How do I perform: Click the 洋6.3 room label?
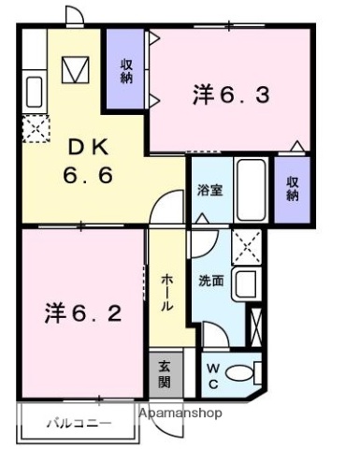point(232,94)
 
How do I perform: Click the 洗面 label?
point(210,280)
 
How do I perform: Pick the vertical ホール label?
point(166,293)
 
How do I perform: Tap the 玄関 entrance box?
point(165,374)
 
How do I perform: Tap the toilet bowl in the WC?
point(242,373)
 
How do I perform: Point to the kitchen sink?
point(34,92)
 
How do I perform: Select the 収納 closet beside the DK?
point(125,71)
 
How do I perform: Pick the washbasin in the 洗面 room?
point(245,282)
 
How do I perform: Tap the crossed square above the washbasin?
point(245,246)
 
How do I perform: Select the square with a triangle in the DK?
point(74,71)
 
